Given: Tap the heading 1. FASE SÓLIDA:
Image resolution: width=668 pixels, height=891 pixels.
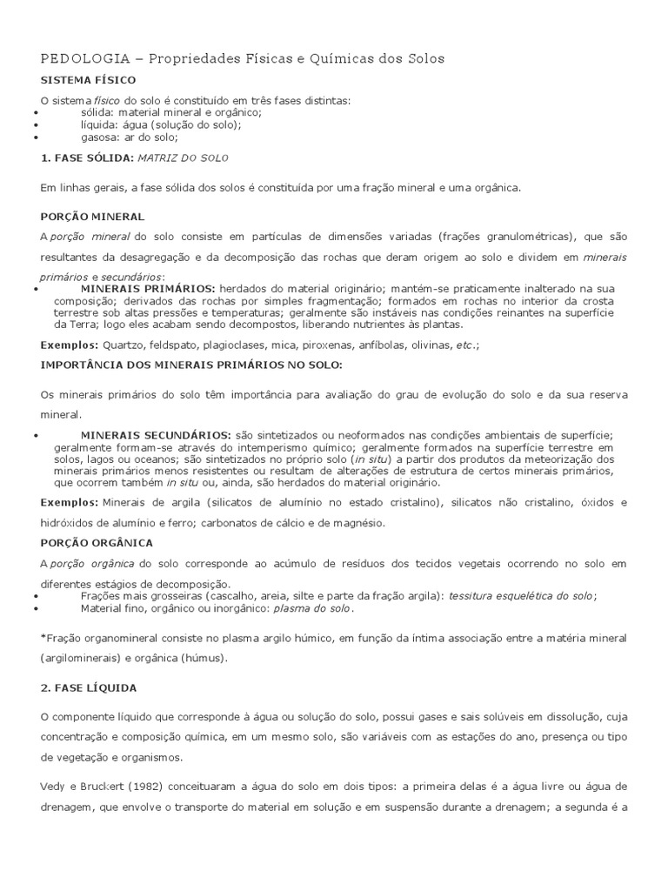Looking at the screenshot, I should (x=86, y=159).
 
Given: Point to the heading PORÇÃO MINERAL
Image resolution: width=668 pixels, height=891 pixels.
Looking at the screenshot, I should (x=92, y=216).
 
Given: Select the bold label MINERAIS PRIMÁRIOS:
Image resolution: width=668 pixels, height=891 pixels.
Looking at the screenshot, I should (x=148, y=288).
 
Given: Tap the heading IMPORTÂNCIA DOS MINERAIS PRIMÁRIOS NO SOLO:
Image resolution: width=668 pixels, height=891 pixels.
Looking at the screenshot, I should (x=191, y=365).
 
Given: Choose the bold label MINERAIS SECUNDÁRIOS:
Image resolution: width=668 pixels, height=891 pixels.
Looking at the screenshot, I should (x=156, y=435).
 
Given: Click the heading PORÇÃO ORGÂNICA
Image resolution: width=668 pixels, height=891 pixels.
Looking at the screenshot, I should (x=97, y=542).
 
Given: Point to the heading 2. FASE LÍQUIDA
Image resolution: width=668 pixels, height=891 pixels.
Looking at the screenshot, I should (x=89, y=687).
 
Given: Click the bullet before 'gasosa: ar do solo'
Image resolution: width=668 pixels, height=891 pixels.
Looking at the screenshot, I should (x=35, y=137).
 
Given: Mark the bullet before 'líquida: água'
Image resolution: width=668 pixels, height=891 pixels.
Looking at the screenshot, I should (x=35, y=125).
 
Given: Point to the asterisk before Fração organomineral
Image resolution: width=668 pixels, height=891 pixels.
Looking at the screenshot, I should (x=43, y=639).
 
